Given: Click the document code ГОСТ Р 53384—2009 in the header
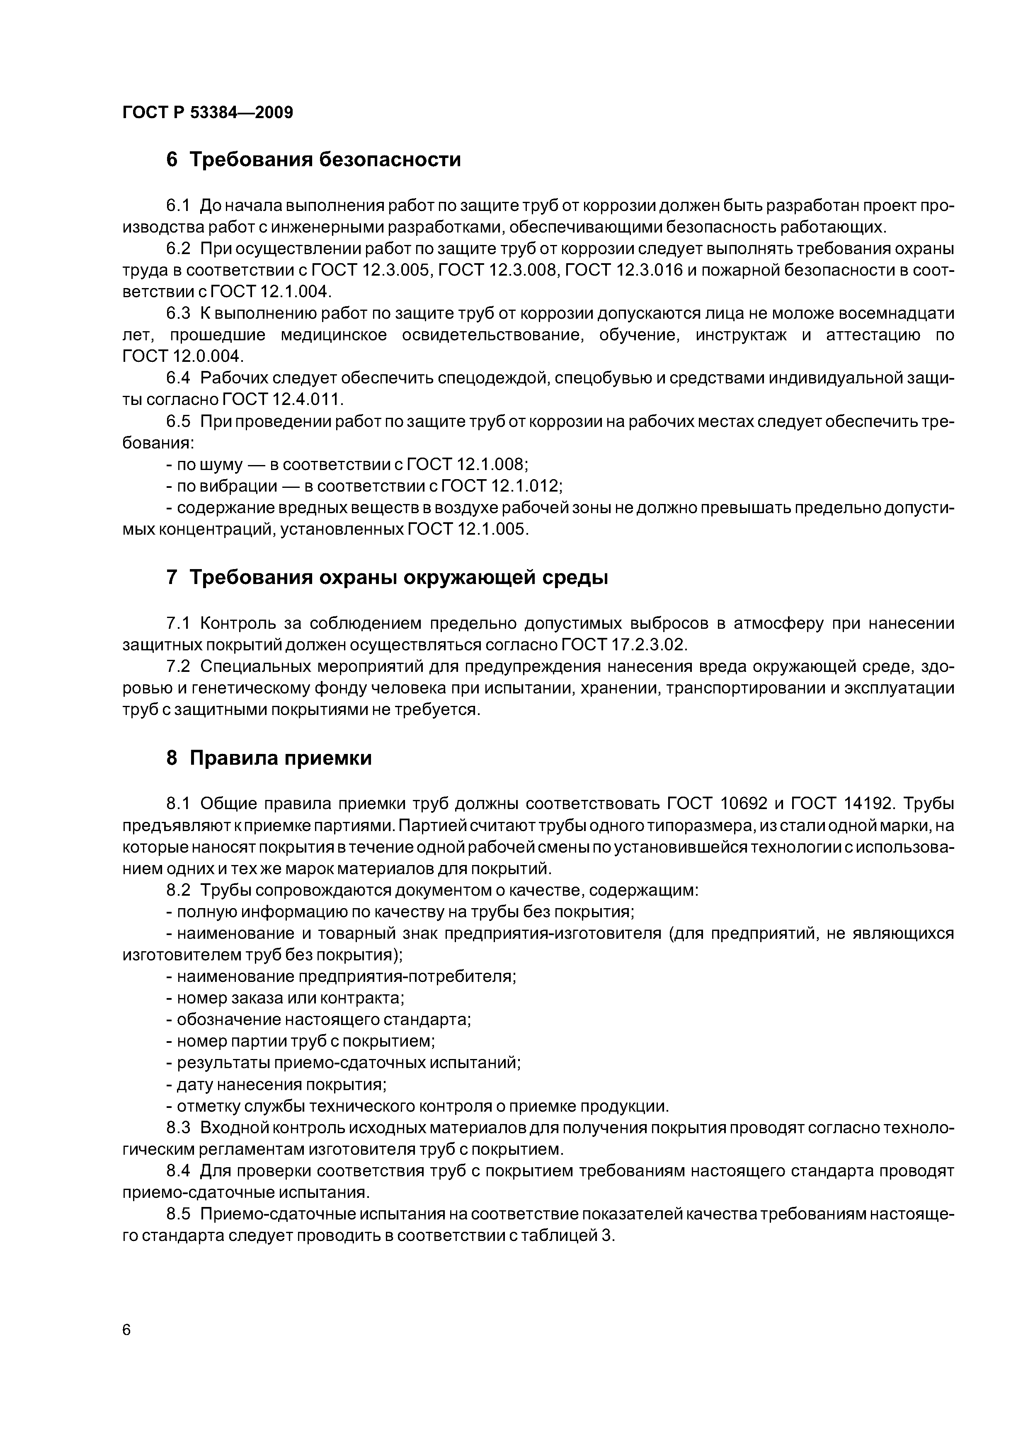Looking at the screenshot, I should [x=207, y=113].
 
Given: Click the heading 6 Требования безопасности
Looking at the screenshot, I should [x=313, y=160].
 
